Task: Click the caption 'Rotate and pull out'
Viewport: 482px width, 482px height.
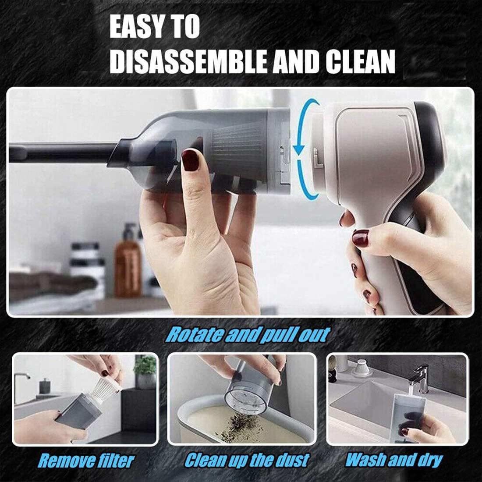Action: [248, 335]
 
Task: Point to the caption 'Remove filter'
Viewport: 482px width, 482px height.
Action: [86, 461]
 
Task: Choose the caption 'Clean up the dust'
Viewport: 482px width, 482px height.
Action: [247, 460]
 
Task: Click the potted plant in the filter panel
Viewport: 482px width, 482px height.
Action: [145, 372]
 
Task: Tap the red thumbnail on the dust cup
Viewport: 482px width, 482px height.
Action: [190, 160]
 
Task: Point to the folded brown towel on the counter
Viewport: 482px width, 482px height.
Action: [51, 285]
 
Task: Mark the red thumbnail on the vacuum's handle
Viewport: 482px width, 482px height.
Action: [361, 238]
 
